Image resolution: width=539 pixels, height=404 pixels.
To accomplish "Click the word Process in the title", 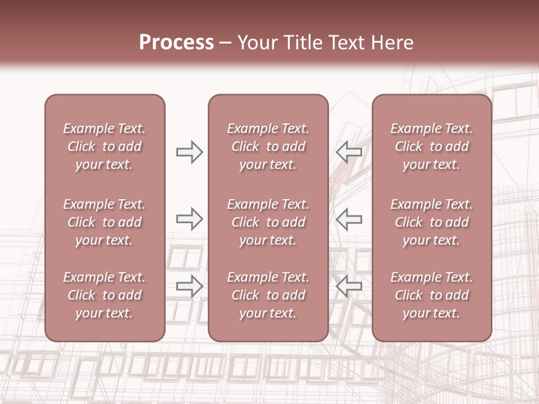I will (176, 43).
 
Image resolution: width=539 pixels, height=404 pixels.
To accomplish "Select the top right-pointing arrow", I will (190, 152).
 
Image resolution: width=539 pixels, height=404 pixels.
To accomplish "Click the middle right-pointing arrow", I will (190, 219).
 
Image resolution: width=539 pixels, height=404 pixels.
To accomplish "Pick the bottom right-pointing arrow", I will (190, 286).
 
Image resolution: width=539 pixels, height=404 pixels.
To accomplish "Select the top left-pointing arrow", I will (349, 152).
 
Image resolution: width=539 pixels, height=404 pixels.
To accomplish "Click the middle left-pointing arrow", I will (349, 219).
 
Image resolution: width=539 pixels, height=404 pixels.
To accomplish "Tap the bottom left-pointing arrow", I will (349, 286).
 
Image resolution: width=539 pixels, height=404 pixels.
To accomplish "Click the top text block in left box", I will (104, 146).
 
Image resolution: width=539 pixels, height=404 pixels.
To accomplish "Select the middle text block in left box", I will (104, 222).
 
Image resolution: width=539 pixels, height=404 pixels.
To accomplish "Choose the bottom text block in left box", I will (104, 295).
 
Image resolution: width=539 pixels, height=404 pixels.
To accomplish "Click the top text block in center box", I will (268, 146).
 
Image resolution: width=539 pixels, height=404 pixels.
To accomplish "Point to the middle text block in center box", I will (268, 222).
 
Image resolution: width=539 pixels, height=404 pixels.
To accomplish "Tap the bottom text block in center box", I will (268, 295).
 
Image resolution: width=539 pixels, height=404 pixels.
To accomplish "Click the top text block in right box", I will (432, 146).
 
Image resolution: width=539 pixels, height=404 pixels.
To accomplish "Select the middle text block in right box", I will (432, 222).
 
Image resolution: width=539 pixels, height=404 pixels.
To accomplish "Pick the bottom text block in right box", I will (432, 295).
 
